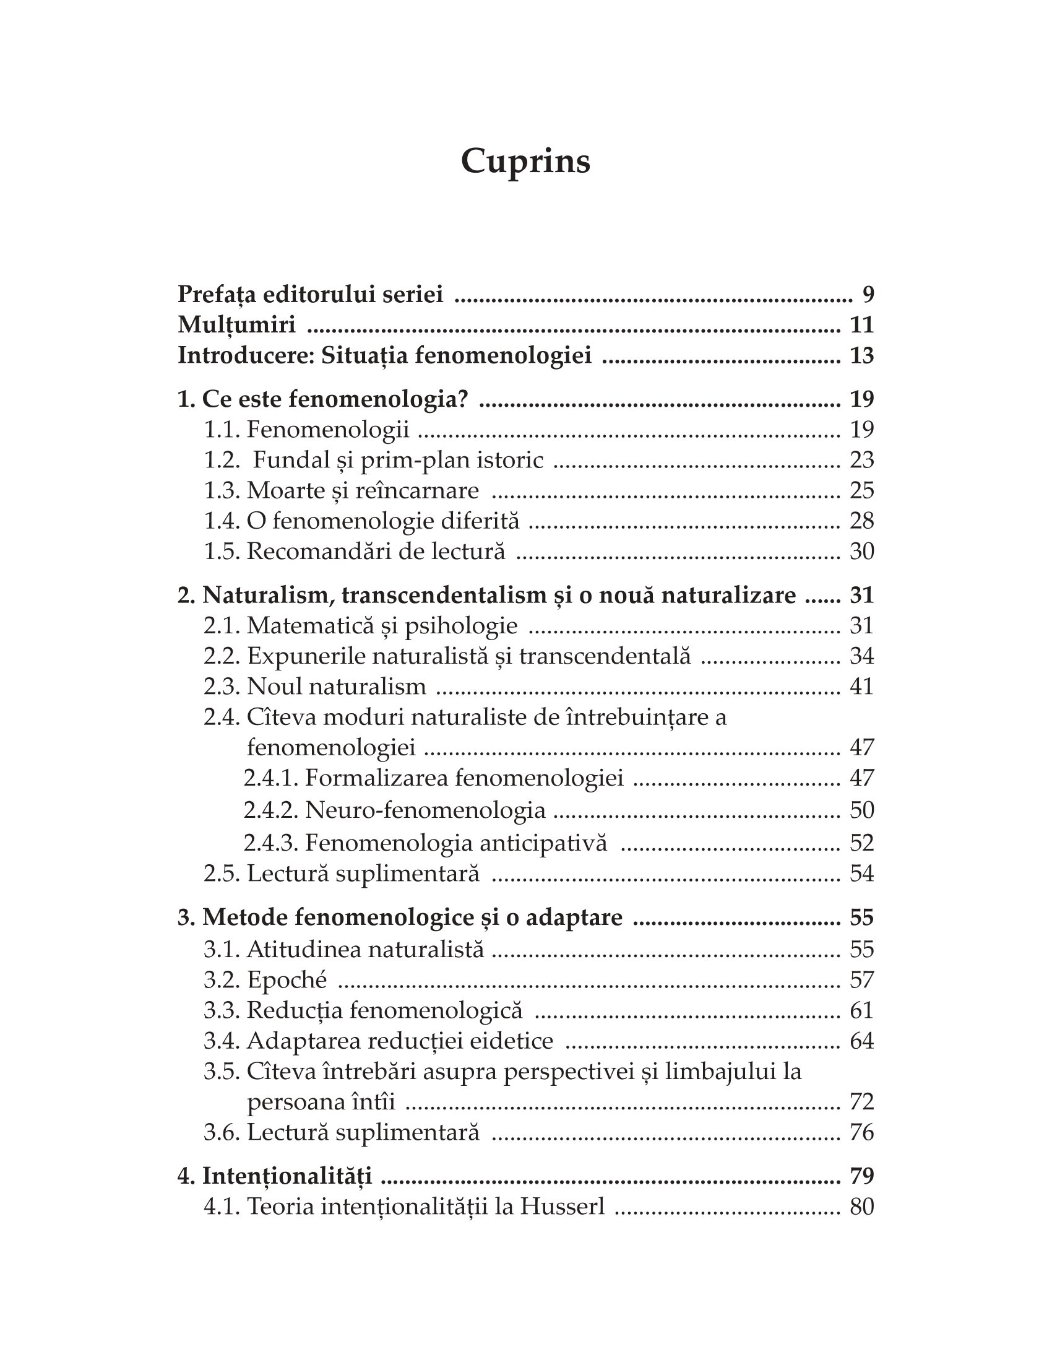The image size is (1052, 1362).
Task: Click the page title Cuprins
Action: coord(525,162)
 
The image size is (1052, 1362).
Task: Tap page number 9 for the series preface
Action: coord(868,293)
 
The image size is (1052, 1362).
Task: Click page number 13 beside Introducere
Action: coord(862,355)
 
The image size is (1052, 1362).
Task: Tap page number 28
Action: coord(862,521)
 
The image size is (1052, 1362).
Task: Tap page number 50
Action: coord(862,810)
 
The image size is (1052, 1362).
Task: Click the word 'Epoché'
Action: coord(287,980)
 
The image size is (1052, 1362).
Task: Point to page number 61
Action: coord(862,1010)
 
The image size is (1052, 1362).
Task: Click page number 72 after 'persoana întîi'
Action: coord(862,1102)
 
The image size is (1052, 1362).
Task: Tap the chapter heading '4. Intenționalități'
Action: coord(275,1176)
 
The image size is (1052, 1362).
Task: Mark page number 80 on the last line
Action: coord(862,1207)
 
